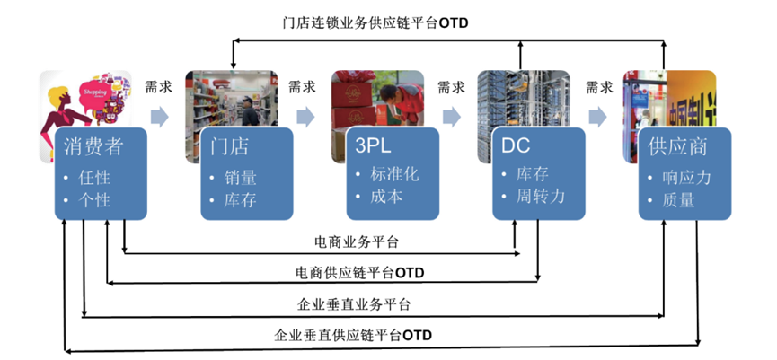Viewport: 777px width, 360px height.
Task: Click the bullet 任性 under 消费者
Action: [94, 178]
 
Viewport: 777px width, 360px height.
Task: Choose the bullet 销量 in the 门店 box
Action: [240, 178]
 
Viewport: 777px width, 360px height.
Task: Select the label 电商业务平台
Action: [358, 242]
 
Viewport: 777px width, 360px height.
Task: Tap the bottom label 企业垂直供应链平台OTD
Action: [353, 334]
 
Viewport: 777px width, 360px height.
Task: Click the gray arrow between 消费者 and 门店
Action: [158, 116]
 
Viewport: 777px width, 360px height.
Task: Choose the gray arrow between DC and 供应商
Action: [597, 116]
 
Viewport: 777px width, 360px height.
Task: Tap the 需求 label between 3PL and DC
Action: [452, 87]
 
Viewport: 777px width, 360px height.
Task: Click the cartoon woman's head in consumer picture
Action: [63, 95]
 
